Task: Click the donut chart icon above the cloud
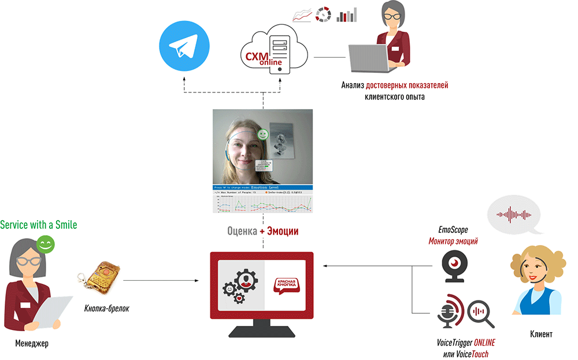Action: point(323,14)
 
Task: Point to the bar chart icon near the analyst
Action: point(347,14)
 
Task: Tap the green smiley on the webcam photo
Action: point(263,135)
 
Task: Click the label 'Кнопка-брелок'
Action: point(106,309)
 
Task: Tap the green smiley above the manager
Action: point(46,245)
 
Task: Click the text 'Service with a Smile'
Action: point(38,224)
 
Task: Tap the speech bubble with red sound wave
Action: point(514,215)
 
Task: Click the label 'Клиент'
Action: point(541,334)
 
